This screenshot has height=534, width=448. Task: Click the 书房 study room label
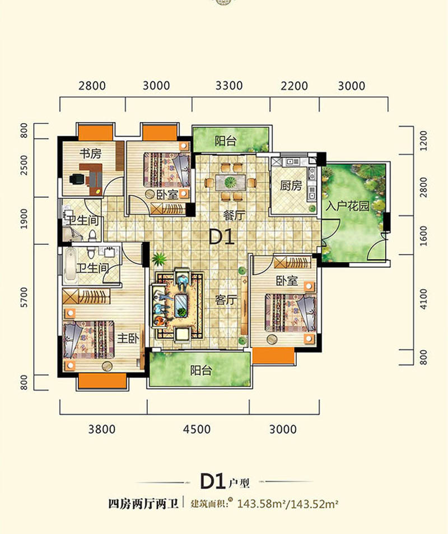click(91, 154)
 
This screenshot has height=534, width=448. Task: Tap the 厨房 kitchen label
click(291, 186)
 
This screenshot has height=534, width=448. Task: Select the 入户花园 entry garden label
click(347, 206)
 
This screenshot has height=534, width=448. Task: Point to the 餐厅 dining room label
click(234, 215)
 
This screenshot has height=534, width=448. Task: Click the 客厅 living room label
click(226, 300)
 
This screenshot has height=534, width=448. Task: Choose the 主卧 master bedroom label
click(128, 338)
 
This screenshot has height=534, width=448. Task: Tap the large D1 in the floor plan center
click(222, 237)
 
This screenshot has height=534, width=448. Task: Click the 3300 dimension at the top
click(229, 86)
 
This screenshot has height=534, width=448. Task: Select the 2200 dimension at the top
click(294, 86)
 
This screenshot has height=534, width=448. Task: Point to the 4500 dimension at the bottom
click(197, 429)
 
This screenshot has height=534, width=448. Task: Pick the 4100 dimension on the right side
click(423, 299)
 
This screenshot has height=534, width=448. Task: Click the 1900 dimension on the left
click(24, 219)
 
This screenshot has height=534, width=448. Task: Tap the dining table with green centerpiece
click(230, 183)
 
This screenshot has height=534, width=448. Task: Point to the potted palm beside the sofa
click(158, 259)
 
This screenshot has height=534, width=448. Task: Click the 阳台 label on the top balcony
click(225, 141)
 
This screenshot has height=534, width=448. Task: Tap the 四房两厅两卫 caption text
click(143, 504)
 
